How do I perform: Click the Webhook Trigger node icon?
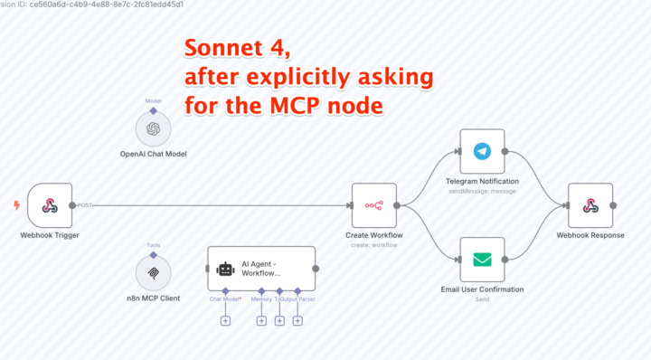click(x=50, y=206)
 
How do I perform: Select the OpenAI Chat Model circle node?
click(x=153, y=128)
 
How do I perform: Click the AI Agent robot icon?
click(x=226, y=269)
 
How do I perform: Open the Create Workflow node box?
click(x=373, y=206)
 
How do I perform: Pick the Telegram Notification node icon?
click(x=482, y=151)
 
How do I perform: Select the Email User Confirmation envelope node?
click(x=482, y=260)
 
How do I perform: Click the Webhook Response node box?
click(x=590, y=206)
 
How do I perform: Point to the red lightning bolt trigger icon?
click(x=16, y=205)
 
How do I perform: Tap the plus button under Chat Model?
click(x=225, y=320)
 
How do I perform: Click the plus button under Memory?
click(x=261, y=320)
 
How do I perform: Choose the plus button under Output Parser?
click(x=297, y=320)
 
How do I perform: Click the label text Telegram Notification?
click(x=482, y=181)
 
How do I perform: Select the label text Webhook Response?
click(x=590, y=235)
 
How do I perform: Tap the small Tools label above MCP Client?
click(x=153, y=244)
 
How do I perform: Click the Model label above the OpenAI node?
click(x=153, y=101)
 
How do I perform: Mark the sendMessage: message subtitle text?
click(x=482, y=191)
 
